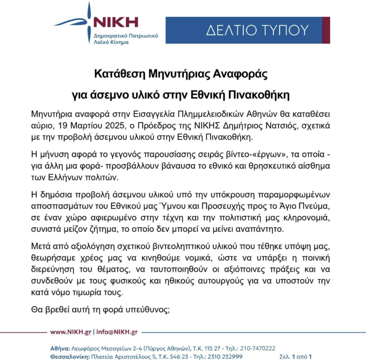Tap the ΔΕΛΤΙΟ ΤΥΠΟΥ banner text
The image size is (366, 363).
point(257,30)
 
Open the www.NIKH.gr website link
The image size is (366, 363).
point(71,332)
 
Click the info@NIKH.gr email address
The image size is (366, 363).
point(117,332)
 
